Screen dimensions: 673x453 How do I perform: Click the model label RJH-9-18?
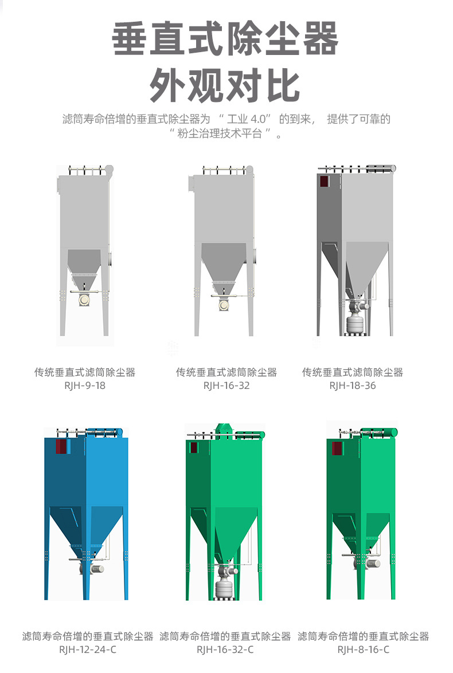85,385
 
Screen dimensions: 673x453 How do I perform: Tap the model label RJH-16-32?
226,385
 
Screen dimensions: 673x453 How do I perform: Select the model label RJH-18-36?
352,385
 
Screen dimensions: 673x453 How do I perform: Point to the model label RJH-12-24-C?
88,650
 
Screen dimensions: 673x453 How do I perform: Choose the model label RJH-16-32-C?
225,650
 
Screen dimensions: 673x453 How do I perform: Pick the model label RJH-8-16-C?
363,650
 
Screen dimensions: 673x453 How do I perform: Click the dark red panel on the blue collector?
60,447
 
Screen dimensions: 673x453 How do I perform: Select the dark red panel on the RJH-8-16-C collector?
337,448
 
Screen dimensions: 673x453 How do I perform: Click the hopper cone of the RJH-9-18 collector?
84,262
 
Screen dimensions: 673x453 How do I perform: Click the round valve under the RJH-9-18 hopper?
84,300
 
